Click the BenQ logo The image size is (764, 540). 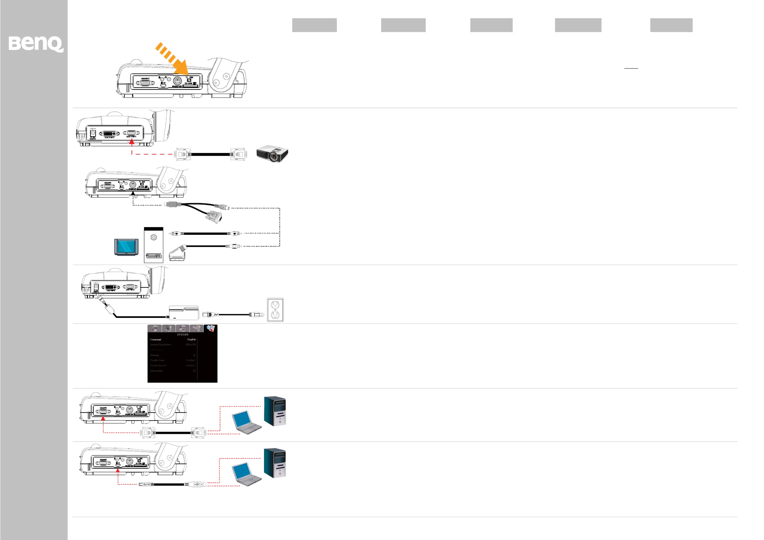[x=36, y=44]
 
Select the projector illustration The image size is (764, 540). [x=272, y=153]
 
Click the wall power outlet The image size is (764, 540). [x=275, y=310]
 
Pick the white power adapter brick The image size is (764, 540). [x=184, y=313]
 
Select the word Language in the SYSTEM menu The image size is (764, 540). [x=156, y=339]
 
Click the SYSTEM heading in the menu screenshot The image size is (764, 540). [x=182, y=334]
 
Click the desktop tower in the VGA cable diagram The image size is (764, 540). [x=275, y=411]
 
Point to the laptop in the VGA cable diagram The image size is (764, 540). [x=246, y=423]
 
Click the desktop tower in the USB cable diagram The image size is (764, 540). [x=275, y=463]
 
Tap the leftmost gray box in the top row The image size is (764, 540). [x=314, y=25]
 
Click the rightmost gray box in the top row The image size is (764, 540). [x=671, y=25]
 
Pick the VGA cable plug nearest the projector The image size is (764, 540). [x=238, y=154]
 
